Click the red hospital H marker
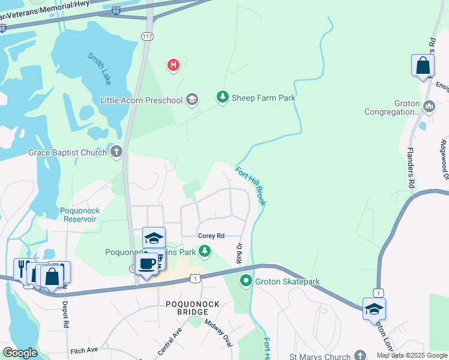point(173,65)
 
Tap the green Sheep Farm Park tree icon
point(223,97)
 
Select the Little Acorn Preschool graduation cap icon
point(192,100)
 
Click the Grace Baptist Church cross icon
point(116,152)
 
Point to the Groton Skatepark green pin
point(246,281)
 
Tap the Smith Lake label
point(100,68)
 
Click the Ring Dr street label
point(238,254)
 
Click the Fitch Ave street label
point(83,350)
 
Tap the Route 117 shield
point(147,37)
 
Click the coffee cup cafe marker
point(146,263)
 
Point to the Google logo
point(20,353)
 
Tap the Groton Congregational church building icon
point(429,107)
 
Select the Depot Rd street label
point(65,312)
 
